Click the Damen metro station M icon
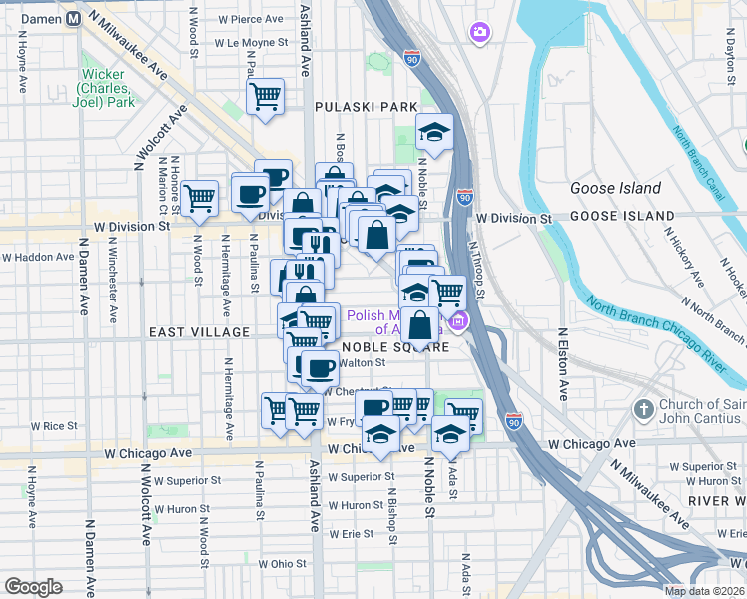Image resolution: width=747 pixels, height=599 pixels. [x=73, y=20]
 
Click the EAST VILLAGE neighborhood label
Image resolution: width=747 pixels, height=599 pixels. [x=200, y=331]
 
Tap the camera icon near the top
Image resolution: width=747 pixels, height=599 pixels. [x=480, y=34]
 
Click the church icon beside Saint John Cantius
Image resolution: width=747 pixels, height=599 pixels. [x=644, y=408]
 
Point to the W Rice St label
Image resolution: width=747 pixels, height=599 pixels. [x=54, y=425]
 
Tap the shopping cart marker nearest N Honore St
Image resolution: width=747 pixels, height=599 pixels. [x=200, y=198]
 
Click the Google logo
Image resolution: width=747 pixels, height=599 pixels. [x=33, y=587]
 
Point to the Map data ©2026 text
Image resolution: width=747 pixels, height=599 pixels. [x=704, y=591]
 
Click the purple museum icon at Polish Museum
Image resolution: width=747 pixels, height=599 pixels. [x=458, y=321]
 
